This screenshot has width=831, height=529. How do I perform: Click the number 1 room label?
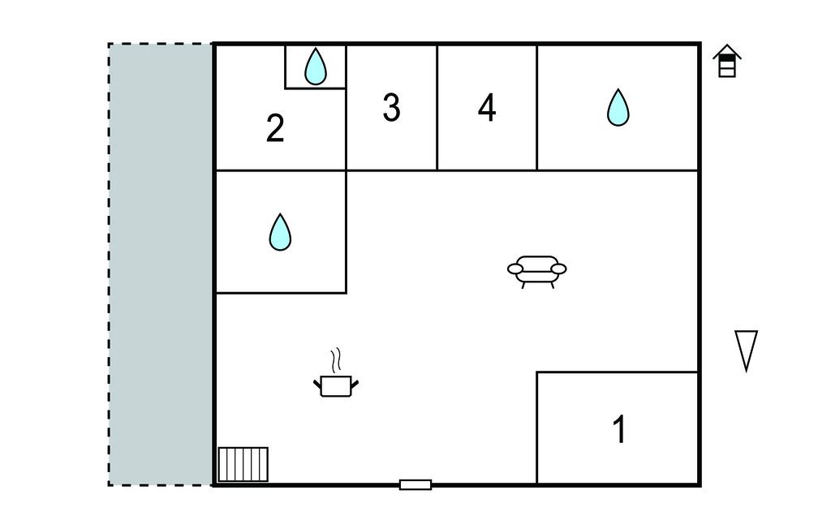(619, 430)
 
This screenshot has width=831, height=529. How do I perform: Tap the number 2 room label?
(275, 128)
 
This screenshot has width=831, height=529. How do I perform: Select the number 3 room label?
(391, 108)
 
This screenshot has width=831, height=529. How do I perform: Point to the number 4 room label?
(487, 108)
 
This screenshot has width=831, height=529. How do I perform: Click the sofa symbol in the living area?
(536, 271)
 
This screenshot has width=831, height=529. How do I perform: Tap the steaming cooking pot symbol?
(336, 385)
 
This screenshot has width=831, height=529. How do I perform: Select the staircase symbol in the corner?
(243, 464)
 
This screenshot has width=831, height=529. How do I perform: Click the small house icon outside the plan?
(727, 62)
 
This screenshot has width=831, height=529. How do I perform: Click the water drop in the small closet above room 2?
(315, 67)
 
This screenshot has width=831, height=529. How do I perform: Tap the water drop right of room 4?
(618, 107)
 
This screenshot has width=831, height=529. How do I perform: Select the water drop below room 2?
(280, 232)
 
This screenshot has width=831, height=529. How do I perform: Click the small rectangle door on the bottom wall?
(415, 484)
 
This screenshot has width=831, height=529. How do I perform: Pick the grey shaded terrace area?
(161, 264)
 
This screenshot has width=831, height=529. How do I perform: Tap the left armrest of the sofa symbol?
(515, 268)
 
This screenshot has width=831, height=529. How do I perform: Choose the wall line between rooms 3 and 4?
(437, 108)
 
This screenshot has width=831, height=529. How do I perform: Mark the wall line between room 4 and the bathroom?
(536, 108)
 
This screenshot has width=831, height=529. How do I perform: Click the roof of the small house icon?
(727, 52)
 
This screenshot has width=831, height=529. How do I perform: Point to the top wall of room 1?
(617, 372)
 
